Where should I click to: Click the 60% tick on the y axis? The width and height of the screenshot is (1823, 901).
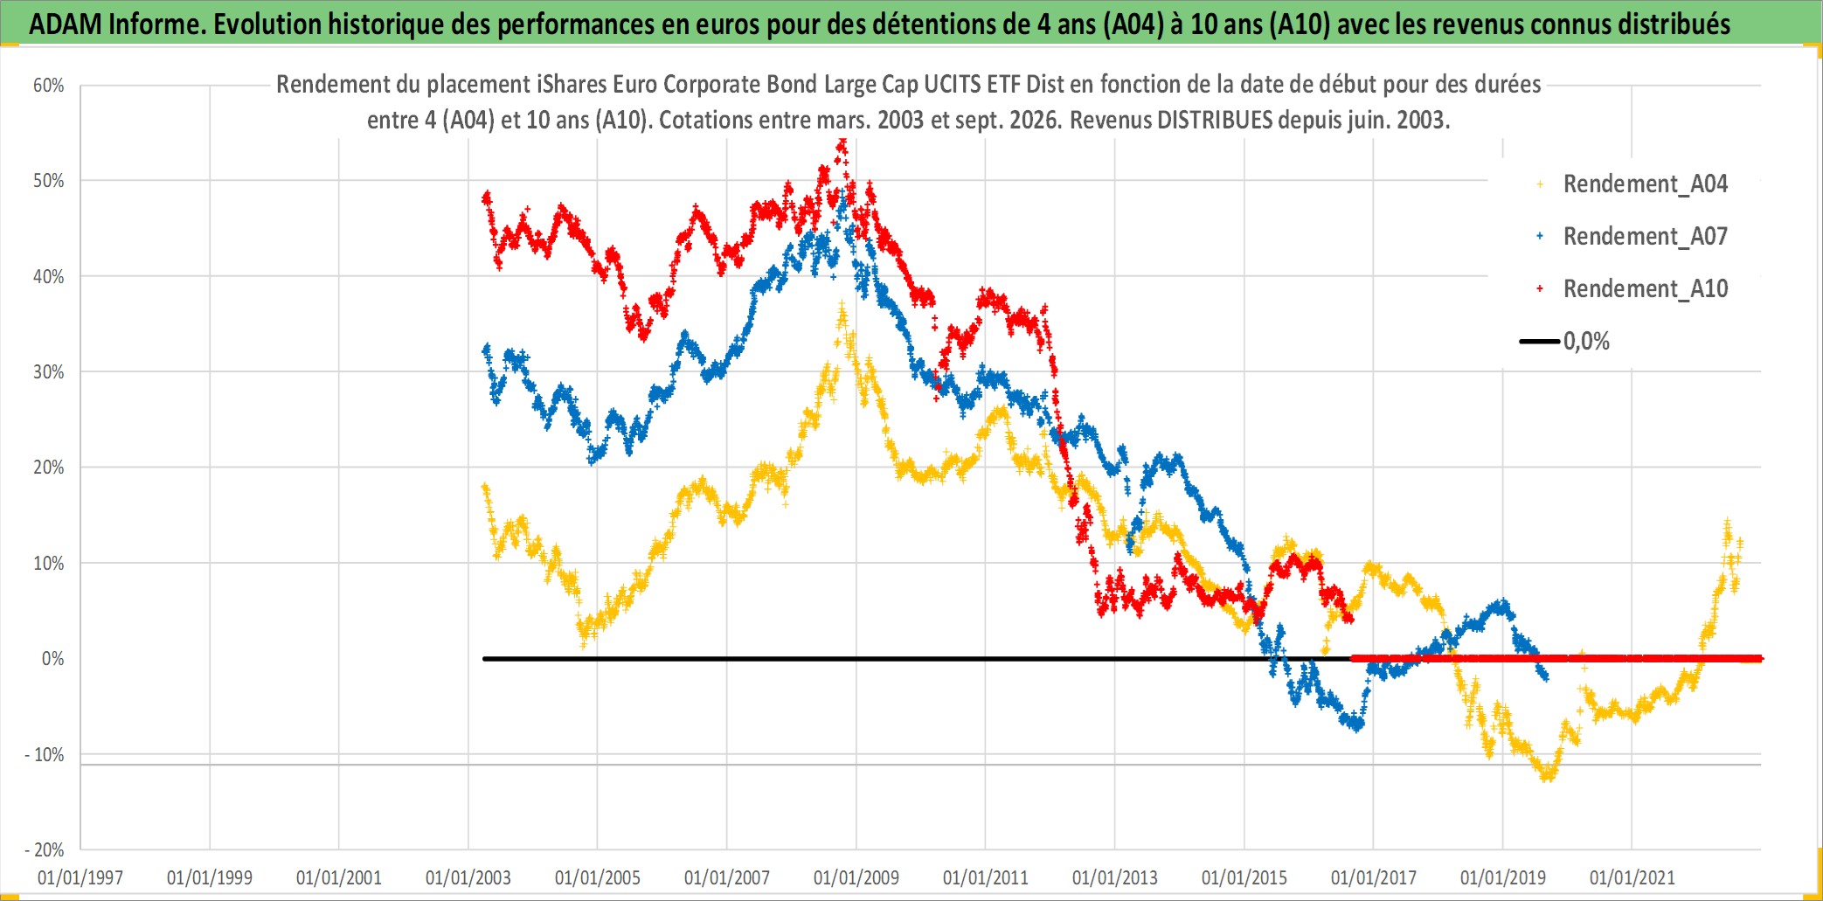(49, 86)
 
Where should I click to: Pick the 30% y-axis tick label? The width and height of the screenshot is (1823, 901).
(49, 372)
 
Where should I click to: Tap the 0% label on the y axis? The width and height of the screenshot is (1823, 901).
(53, 659)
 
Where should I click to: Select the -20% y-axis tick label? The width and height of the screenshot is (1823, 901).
(45, 849)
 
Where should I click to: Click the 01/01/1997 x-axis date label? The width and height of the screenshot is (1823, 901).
(80, 877)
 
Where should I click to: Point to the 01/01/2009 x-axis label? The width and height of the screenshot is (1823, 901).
(856, 877)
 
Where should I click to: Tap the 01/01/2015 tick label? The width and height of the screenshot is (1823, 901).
(1244, 877)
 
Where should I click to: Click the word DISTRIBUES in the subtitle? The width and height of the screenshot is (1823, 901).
(1215, 120)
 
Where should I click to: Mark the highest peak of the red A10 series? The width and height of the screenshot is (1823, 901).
(842, 142)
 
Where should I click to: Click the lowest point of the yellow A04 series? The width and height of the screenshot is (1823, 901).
(1548, 776)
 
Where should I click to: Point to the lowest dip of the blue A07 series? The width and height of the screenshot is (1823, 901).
(1356, 726)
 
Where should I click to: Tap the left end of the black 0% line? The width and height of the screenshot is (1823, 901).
(484, 659)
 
